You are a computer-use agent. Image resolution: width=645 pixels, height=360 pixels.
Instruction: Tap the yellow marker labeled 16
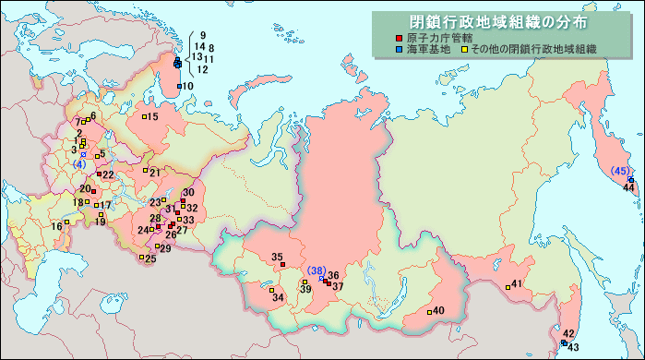[x=66, y=222]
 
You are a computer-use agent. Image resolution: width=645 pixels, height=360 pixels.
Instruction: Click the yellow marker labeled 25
[x=141, y=258]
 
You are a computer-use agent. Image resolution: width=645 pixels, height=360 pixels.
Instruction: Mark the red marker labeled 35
[x=283, y=264]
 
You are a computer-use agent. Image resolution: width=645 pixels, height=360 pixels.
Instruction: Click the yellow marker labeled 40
[x=428, y=311]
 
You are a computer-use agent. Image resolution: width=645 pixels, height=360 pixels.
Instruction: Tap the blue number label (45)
[x=620, y=171]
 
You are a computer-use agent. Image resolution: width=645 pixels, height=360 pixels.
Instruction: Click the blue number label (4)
[x=79, y=164]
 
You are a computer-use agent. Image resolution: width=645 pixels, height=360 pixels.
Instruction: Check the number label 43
[x=572, y=347]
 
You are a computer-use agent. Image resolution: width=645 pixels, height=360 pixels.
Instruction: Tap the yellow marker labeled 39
[x=305, y=282]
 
